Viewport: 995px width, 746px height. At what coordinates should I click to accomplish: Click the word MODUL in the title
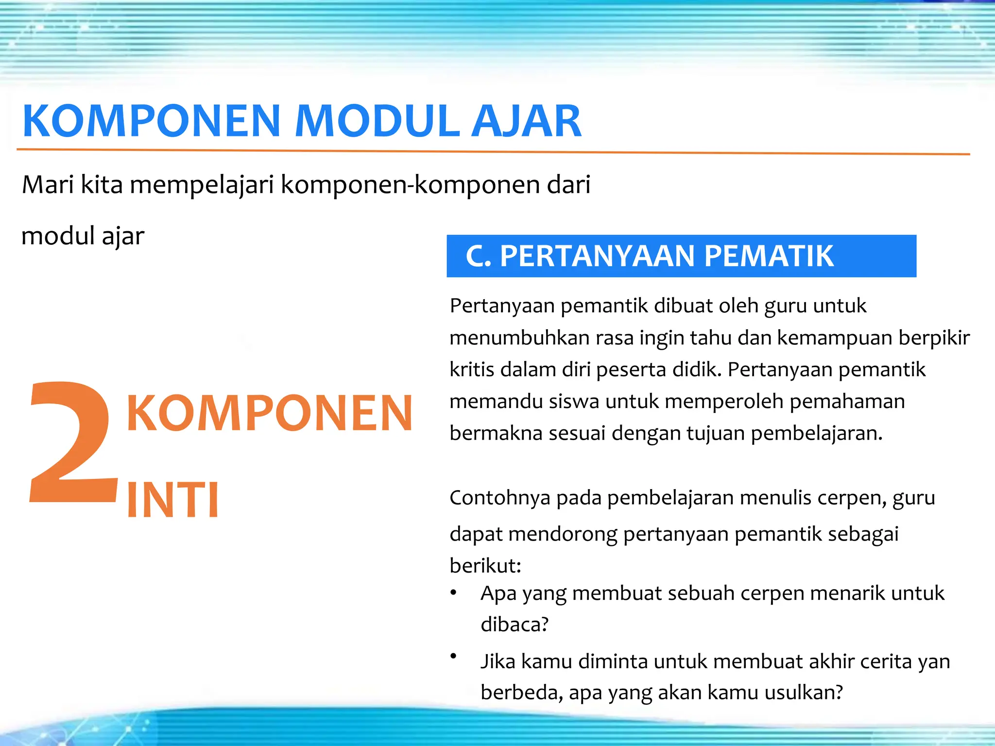(377, 121)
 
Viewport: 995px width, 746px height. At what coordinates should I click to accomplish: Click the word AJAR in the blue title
(527, 121)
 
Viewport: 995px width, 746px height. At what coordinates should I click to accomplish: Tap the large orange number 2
(73, 442)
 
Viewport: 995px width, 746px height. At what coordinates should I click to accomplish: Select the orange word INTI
(173, 500)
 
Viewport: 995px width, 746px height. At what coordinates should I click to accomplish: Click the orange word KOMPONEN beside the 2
(269, 413)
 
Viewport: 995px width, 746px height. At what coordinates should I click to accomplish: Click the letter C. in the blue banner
(479, 256)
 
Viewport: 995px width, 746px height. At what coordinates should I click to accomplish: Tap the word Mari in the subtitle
(47, 185)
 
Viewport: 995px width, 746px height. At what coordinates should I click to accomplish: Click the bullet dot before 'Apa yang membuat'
(453, 593)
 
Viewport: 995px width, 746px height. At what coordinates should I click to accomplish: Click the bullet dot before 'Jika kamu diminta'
(453, 656)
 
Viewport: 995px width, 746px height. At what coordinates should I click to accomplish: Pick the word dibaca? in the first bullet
(514, 624)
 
